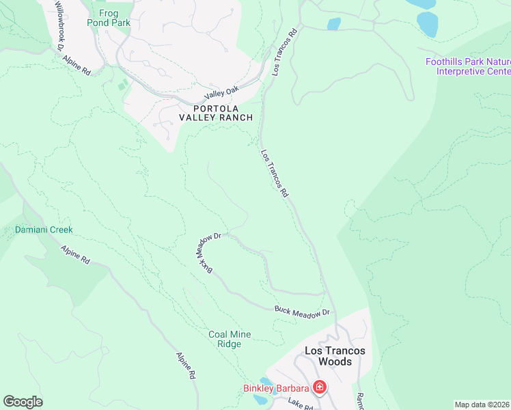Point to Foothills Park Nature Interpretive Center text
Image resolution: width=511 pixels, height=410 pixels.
(467, 66)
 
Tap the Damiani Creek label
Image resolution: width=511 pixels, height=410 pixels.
(44, 230)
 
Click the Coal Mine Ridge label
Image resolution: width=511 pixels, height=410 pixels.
(230, 339)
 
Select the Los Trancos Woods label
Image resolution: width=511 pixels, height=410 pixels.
(335, 355)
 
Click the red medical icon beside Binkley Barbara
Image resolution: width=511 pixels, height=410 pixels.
(319, 388)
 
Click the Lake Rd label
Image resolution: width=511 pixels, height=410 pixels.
(299, 404)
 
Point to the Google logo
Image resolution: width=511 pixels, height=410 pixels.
(23, 402)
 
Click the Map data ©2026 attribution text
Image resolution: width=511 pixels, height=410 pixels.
(482, 405)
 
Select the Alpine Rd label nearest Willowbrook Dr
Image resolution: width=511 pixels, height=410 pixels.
(77, 64)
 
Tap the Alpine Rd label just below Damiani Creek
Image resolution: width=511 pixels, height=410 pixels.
(75, 256)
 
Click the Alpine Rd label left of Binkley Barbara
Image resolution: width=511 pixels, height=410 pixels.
(187, 366)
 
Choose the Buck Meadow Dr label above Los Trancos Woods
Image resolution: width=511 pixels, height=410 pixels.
(302, 312)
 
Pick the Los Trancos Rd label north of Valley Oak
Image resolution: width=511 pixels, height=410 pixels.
(286, 51)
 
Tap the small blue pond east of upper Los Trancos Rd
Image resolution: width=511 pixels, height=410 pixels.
(333, 24)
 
